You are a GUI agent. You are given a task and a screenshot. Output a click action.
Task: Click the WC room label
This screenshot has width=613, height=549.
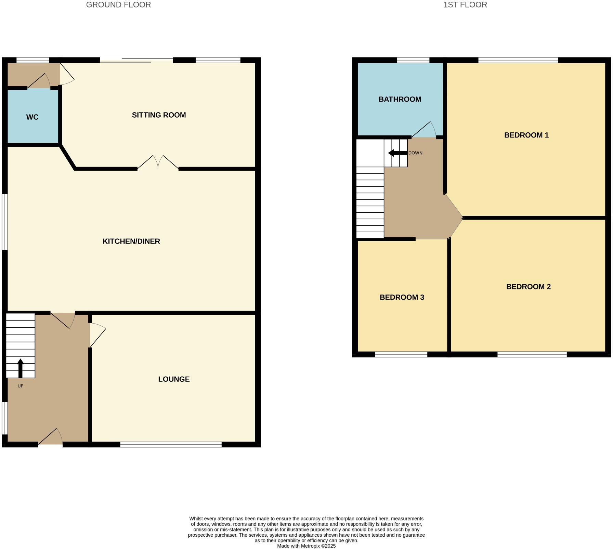click(x=32, y=117)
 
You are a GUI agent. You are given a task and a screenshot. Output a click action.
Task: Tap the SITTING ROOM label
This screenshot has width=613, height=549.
click(x=159, y=115)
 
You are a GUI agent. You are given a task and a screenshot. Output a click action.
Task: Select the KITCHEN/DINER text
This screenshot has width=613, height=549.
click(x=131, y=241)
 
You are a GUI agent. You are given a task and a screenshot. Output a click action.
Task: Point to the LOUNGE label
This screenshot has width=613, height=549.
click(x=174, y=379)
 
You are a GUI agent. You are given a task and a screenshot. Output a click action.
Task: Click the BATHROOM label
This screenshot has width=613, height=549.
click(x=400, y=100)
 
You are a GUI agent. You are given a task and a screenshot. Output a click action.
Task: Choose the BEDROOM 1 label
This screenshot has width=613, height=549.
click(x=526, y=135)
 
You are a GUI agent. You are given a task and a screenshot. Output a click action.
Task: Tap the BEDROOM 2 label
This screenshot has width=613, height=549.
click(x=528, y=287)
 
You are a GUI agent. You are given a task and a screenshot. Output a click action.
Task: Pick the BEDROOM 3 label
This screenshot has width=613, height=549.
click(x=402, y=298)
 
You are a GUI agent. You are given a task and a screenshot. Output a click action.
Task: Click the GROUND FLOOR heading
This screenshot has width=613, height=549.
click(x=118, y=5)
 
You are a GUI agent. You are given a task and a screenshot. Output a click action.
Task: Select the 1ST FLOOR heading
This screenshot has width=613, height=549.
click(x=465, y=5)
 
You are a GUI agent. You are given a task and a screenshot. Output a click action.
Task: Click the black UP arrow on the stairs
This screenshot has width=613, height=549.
click(x=21, y=368)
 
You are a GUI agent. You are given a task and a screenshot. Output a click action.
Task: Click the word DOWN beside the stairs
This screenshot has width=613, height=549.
click(x=415, y=153)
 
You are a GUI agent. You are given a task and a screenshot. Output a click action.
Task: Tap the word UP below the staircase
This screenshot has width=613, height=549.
click(x=21, y=386)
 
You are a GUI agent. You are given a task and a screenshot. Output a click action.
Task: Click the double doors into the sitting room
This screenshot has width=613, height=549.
click(x=158, y=163)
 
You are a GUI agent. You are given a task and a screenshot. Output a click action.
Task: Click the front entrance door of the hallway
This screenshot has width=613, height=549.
click(x=51, y=437)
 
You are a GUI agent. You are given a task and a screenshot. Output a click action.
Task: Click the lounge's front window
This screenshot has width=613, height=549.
click(x=171, y=444)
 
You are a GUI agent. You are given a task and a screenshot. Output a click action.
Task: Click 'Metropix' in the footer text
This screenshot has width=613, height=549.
click(x=311, y=546)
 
